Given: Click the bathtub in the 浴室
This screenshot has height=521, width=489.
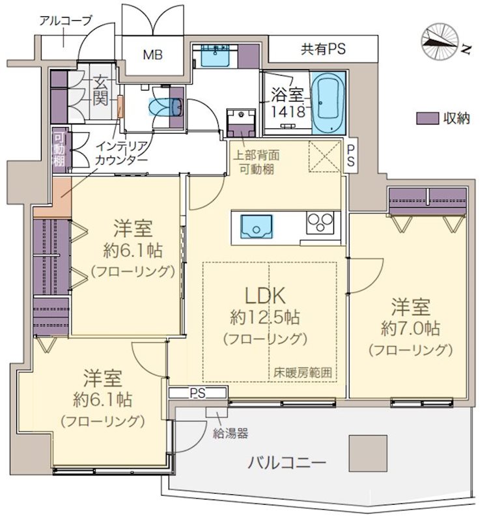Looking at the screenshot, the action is [x=329, y=103].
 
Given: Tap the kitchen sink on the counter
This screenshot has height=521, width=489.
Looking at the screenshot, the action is [x=257, y=227].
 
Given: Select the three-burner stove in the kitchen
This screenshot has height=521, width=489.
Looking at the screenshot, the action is [x=320, y=222].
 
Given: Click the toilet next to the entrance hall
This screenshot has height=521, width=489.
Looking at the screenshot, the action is [x=166, y=107].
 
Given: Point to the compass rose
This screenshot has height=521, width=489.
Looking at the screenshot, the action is [x=440, y=42].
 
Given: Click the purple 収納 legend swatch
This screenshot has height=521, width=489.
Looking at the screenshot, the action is [x=427, y=119].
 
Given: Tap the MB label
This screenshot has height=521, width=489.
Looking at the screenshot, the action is [x=153, y=55].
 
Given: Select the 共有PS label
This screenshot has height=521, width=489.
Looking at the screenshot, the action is [x=323, y=49].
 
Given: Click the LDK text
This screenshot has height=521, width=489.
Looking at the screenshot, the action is [x=265, y=296].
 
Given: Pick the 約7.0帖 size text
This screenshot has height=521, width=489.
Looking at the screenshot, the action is [x=410, y=328].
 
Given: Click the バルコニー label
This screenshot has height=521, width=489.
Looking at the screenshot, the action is [x=286, y=462].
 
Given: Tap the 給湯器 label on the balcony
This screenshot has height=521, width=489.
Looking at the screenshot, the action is [x=231, y=433].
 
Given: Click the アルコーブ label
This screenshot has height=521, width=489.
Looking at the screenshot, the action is [x=65, y=21].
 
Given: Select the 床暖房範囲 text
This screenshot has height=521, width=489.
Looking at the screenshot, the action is [x=303, y=373].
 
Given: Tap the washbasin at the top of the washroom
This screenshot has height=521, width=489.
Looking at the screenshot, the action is [x=216, y=55].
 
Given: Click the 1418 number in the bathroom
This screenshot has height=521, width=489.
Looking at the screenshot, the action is [x=288, y=112].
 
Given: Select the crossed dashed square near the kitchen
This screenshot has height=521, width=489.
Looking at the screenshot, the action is [x=324, y=156].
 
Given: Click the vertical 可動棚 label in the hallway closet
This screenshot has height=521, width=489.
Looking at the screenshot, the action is [x=59, y=150].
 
